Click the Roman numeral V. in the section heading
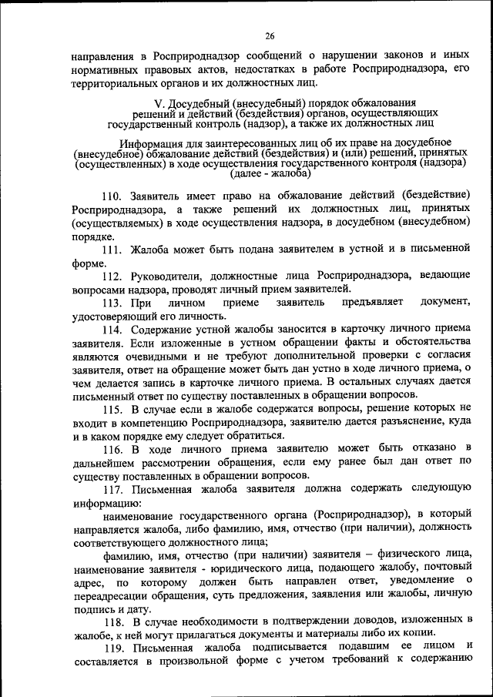159,102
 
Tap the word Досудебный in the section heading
200,102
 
